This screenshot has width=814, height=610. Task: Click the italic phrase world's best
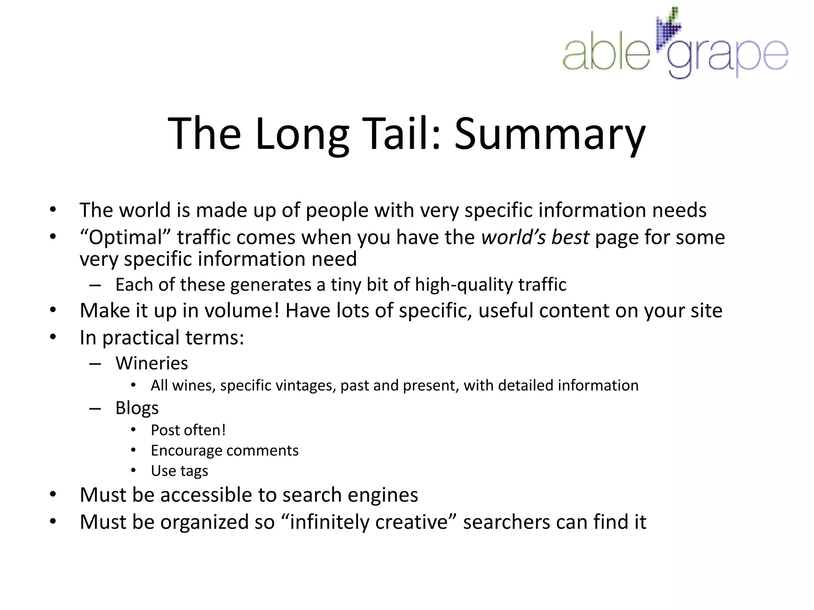(535, 237)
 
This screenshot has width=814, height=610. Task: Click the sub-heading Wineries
(151, 363)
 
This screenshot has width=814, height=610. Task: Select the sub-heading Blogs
(137, 408)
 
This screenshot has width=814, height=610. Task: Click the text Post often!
(188, 430)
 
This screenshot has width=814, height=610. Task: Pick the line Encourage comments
(225, 450)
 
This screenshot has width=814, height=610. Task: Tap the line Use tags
(179, 471)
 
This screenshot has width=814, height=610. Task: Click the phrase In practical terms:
(162, 338)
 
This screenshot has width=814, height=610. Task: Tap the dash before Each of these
(95, 285)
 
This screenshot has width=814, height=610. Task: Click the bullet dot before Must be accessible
(53, 495)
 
